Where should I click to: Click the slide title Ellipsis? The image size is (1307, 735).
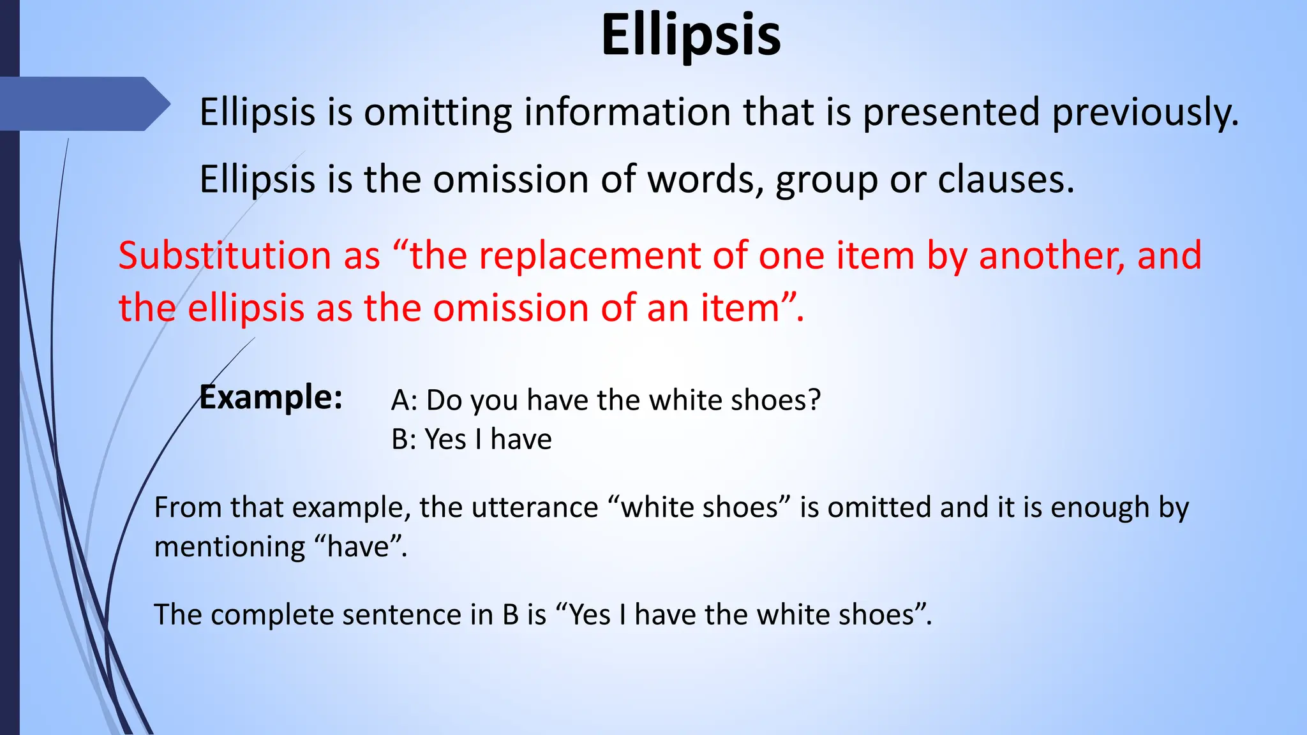point(691,36)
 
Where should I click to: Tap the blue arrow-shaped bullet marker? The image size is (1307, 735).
point(83,104)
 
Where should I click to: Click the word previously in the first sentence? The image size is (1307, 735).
point(1145,113)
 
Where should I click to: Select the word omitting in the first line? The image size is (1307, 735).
point(438,113)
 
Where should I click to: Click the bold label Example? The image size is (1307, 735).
point(271,397)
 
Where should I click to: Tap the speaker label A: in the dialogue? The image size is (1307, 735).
point(404,401)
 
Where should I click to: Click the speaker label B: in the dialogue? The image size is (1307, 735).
point(403,440)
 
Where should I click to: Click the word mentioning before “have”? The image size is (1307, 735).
point(230,547)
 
